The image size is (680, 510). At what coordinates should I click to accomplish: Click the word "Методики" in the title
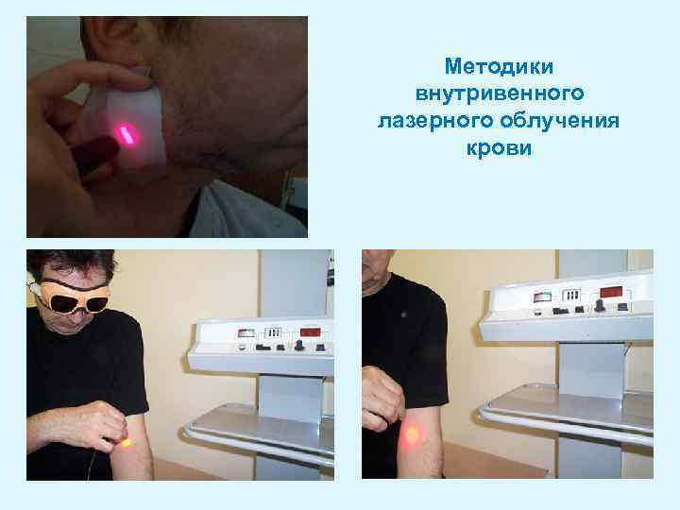[499, 67]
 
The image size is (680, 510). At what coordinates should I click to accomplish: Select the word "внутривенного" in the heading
[500, 93]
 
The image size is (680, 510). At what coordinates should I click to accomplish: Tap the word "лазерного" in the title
[435, 121]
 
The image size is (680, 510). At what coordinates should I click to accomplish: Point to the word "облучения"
[560, 120]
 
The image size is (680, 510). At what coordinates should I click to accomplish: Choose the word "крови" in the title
[500, 148]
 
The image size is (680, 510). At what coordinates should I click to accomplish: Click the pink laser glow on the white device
[127, 134]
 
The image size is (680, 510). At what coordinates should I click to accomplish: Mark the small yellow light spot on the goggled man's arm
[127, 443]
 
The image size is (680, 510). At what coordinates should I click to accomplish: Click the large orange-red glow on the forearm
[411, 434]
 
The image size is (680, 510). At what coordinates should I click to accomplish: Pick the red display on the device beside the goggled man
[311, 332]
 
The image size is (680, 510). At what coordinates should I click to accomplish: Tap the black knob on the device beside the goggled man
[298, 346]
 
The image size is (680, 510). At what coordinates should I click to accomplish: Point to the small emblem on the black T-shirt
[404, 314]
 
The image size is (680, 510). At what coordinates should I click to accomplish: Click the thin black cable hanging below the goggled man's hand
[91, 465]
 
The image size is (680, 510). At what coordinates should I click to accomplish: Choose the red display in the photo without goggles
[611, 292]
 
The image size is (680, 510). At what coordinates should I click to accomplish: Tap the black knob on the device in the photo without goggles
[599, 305]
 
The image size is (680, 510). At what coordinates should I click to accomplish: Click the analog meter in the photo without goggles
[542, 297]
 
